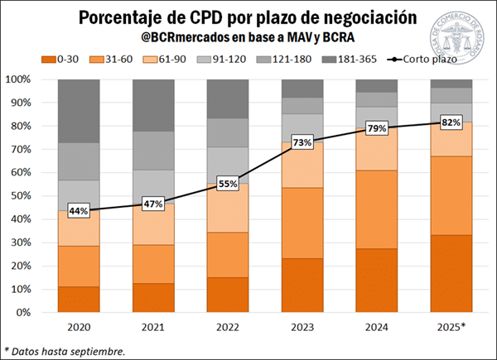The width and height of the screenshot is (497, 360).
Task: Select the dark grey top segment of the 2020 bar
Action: click(79, 111)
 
